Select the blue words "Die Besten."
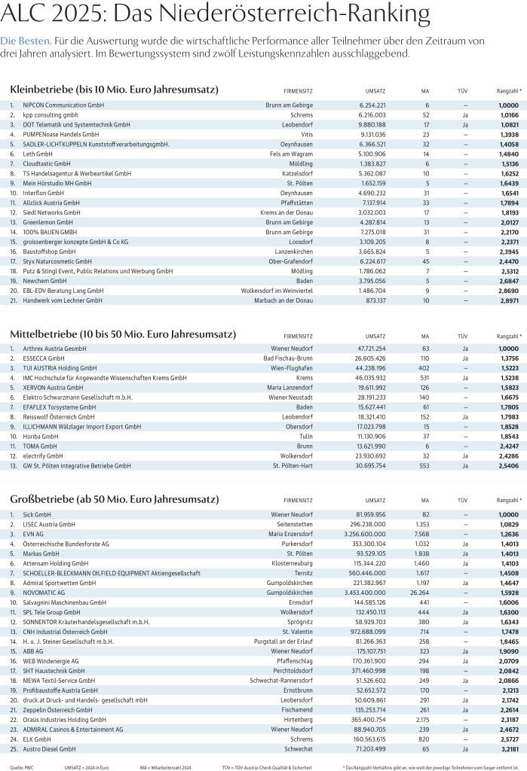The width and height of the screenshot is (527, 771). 26,40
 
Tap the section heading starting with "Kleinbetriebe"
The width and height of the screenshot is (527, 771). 114,90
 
